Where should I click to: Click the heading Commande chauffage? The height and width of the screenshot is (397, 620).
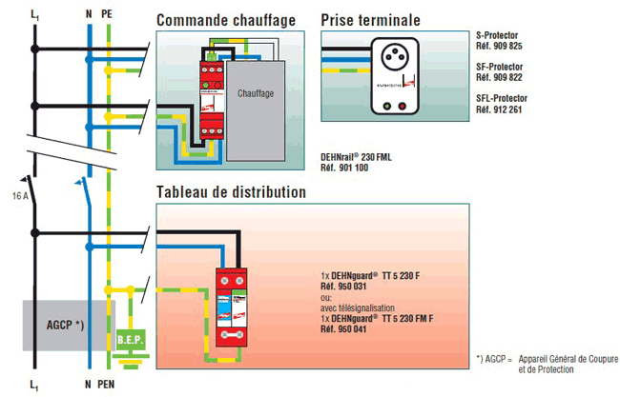(x=225, y=20)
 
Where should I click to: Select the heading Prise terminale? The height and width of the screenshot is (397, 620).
(x=370, y=20)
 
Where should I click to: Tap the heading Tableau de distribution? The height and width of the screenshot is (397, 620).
(x=231, y=192)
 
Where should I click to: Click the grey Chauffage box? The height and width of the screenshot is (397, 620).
(x=258, y=94)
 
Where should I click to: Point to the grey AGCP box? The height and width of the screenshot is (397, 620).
(x=65, y=325)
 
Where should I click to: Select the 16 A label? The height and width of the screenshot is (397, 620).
(x=21, y=193)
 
